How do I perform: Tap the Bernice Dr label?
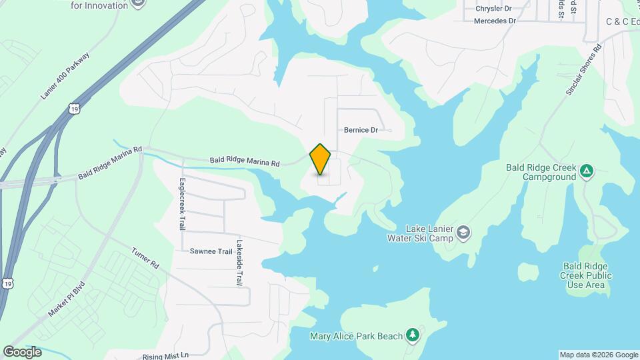[x=361, y=130]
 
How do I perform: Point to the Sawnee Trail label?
[x=211, y=251]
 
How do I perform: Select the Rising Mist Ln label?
[x=165, y=355]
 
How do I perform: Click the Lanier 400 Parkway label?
[x=65, y=75]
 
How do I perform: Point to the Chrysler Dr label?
[x=493, y=9]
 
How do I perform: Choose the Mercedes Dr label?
[x=495, y=21]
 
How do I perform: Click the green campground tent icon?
[x=586, y=171]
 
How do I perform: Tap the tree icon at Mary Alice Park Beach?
[x=413, y=335]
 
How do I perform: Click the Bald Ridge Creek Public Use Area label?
[x=585, y=275]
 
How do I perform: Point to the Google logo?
[x=22, y=352]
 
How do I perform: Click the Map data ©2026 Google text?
[x=598, y=355]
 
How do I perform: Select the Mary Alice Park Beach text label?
[x=357, y=335]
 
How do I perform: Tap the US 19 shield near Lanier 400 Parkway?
[x=73, y=107]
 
